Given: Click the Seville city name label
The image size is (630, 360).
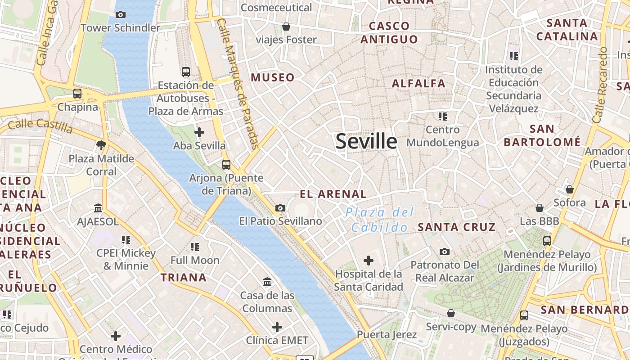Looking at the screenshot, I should (366, 141).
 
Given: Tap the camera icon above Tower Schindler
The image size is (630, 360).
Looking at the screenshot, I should (120, 14).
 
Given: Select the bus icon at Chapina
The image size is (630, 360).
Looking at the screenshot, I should (77, 94).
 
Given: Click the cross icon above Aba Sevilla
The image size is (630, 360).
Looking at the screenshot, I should (199, 132).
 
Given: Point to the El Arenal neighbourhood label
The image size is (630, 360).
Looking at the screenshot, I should (333, 194).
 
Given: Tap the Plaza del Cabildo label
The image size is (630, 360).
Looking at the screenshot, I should (379, 220).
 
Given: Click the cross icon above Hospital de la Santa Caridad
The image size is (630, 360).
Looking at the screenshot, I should (369, 260).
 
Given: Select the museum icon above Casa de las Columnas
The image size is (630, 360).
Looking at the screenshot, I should (267, 282).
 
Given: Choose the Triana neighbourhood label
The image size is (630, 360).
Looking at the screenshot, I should (184, 277).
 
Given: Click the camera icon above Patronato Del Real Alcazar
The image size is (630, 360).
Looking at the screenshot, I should (445, 252).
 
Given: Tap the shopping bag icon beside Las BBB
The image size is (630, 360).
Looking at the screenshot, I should (539, 208).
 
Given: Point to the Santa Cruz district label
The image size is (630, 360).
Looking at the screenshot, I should (456, 227).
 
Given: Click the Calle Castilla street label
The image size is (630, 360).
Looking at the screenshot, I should (40, 126).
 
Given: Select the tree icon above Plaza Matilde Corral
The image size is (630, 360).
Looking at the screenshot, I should (101, 145).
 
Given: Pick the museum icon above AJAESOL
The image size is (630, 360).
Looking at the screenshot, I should (98, 208).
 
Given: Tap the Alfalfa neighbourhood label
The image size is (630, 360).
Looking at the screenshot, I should (418, 83).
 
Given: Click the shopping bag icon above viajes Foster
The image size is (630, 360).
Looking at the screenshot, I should (286, 27).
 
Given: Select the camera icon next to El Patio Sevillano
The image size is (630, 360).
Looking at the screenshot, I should (280, 208).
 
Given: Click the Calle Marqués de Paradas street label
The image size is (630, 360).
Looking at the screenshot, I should (238, 83).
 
